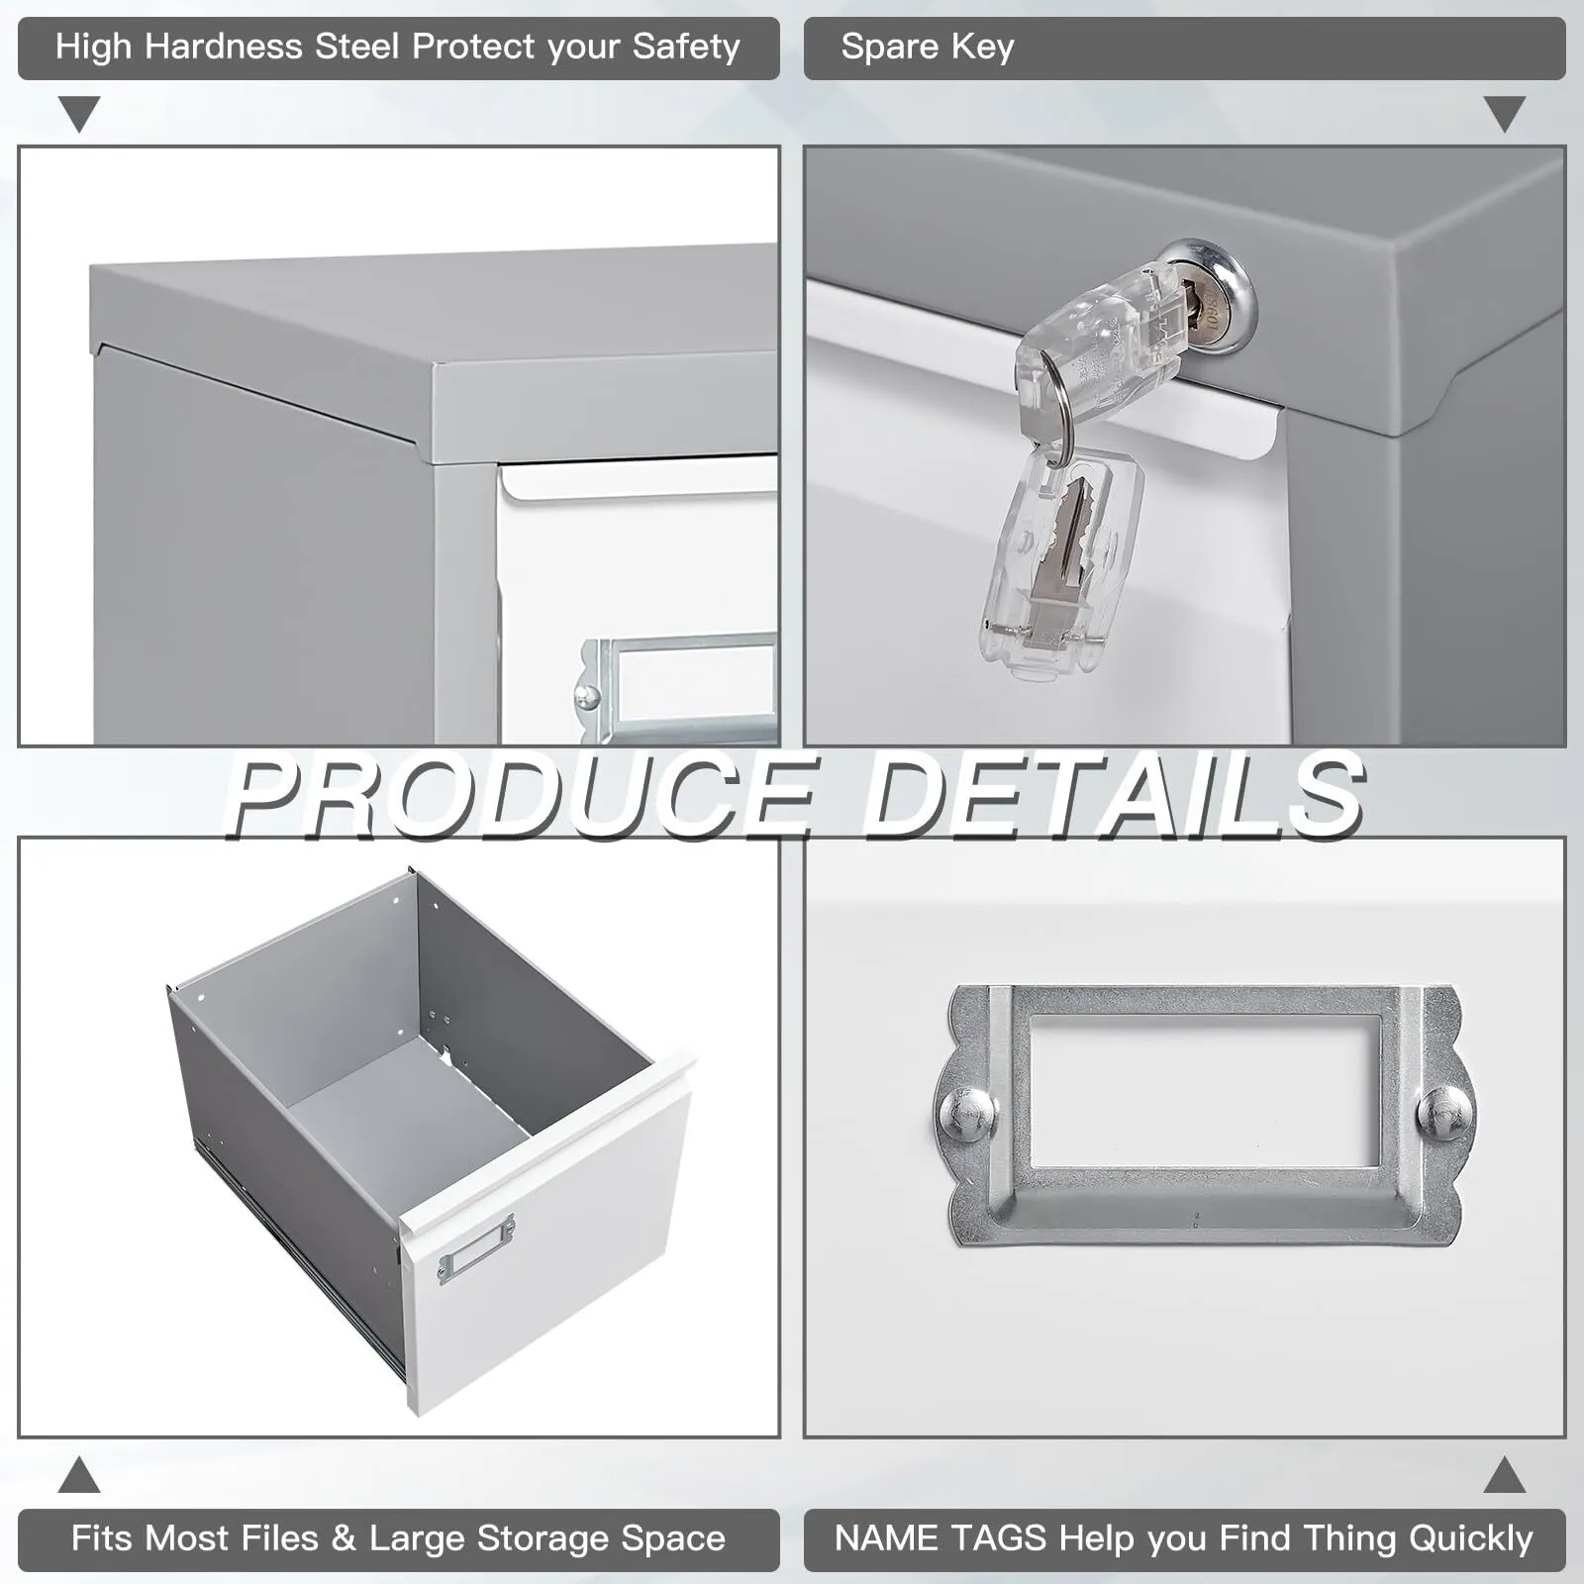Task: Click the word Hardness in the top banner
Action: tap(224, 47)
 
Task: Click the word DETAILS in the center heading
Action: tap(1113, 794)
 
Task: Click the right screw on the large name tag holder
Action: tap(1444, 1110)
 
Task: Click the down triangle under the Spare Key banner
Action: tap(1505, 114)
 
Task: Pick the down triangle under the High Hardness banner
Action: tap(79, 114)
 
